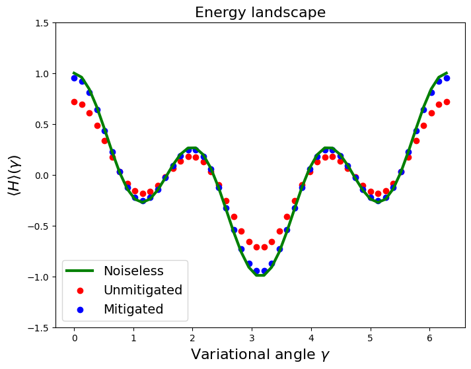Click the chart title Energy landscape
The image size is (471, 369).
(x=260, y=13)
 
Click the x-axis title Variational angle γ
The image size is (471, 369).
(x=260, y=354)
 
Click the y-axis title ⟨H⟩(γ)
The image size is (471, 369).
(x=14, y=175)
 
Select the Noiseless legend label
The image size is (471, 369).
(x=133, y=271)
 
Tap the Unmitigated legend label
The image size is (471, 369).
(x=143, y=290)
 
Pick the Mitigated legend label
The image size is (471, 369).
(x=133, y=309)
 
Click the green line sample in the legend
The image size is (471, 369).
(x=80, y=271)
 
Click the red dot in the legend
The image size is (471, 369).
(x=80, y=290)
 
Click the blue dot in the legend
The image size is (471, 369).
(x=80, y=310)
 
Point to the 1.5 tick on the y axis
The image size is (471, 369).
(x=54, y=23)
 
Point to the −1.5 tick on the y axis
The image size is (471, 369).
(x=54, y=327)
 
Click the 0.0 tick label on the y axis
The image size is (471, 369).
(x=42, y=176)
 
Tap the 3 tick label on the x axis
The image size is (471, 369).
(x=252, y=339)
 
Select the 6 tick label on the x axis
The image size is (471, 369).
(x=429, y=339)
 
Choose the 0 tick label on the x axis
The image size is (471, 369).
(x=75, y=339)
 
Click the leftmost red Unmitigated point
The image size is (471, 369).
(x=74, y=102)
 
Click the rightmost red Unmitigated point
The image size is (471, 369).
(x=447, y=102)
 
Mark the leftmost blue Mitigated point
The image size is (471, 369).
(x=74, y=79)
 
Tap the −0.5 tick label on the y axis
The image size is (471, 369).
(x=38, y=226)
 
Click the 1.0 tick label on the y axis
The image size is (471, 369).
(x=42, y=74)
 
